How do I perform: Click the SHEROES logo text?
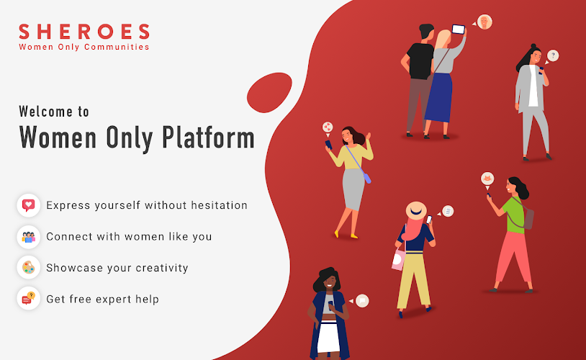84,32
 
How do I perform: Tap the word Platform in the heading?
208,138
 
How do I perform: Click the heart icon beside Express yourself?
28,205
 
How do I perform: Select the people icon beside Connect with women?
28,237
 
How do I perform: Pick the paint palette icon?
28,268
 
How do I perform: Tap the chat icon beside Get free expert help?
28,298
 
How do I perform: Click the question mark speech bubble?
552,56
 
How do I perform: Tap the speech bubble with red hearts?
328,128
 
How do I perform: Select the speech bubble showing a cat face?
487,179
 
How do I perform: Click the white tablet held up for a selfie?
458,29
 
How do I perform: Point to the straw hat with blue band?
416,211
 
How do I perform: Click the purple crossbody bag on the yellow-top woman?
367,179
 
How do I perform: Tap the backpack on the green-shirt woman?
528,219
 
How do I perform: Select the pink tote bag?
398,259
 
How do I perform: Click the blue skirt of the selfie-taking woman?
438,98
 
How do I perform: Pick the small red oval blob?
269,93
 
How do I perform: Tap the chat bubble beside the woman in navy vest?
361,300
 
